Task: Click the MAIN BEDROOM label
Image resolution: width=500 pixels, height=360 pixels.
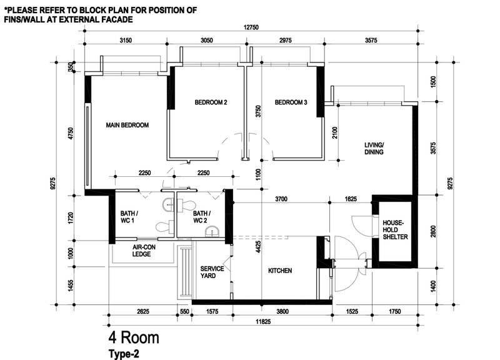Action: click(x=127, y=125)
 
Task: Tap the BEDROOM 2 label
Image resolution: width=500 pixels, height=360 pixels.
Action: click(x=211, y=102)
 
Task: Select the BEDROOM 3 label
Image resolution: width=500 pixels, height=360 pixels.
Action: click(x=291, y=102)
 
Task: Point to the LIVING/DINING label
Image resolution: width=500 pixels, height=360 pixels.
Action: click(x=374, y=149)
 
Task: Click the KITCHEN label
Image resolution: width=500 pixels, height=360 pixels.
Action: click(x=280, y=271)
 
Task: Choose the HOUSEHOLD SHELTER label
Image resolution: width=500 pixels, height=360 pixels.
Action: click(x=395, y=229)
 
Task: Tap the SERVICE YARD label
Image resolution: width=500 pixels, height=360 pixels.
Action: click(x=212, y=272)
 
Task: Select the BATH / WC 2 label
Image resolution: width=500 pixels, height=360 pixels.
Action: click(x=202, y=217)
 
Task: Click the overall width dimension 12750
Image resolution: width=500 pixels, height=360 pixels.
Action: click(x=251, y=27)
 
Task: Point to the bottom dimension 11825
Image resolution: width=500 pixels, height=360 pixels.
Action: click(x=263, y=321)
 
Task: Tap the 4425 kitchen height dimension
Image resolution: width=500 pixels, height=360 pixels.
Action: click(x=258, y=247)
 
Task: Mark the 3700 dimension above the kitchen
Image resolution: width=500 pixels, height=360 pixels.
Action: click(x=281, y=199)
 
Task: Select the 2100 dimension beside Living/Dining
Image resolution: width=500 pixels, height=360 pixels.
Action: click(x=334, y=132)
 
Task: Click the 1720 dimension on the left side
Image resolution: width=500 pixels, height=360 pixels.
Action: click(x=71, y=217)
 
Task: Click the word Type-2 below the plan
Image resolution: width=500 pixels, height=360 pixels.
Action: click(x=124, y=354)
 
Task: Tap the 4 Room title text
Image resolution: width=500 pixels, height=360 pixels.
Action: click(x=134, y=337)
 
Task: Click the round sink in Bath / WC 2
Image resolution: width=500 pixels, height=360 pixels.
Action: click(x=211, y=232)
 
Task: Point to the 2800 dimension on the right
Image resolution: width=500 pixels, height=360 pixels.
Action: click(x=432, y=232)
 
